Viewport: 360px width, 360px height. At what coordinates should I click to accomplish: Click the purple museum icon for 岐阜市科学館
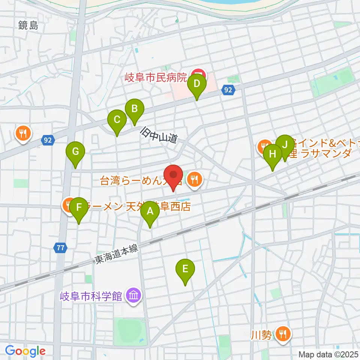point(133,296)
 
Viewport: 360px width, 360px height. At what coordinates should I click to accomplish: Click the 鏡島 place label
point(28,25)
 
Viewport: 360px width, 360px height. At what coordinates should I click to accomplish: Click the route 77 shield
point(60,247)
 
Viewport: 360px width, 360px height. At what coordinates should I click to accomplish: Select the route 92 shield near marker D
point(228,90)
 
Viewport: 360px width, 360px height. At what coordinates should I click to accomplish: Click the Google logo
point(25,351)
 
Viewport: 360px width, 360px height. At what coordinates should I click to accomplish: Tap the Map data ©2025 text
point(328,354)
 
